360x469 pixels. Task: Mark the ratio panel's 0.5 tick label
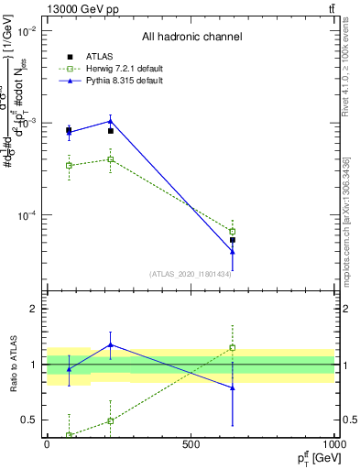coord(29,420)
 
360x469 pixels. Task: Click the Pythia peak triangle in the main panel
coord(110,121)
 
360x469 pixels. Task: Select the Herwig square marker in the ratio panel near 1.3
coord(233,348)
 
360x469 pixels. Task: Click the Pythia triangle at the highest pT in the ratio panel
coord(233,387)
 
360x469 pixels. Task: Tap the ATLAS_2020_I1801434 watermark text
coord(190,274)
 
